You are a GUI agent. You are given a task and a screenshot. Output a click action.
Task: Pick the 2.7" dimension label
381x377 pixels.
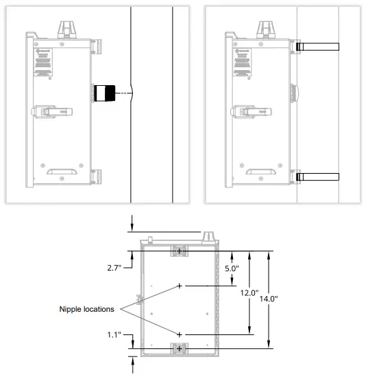114,267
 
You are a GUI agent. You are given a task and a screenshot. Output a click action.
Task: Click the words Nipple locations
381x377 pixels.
87,309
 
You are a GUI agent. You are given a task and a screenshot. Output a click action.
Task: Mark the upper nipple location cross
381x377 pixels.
180,285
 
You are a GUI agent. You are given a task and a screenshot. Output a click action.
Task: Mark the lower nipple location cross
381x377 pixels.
180,334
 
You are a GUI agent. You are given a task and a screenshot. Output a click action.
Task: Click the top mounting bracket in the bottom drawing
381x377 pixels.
179,251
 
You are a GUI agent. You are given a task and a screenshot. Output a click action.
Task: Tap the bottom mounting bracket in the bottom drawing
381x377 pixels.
179,349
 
